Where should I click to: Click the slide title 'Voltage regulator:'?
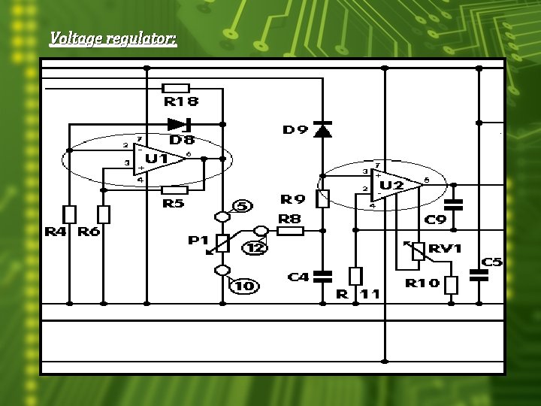point(113,38)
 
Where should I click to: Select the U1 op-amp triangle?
point(159,159)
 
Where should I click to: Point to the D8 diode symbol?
point(180,124)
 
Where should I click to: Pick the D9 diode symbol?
point(322,130)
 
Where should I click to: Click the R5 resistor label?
point(174,204)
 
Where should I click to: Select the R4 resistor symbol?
point(69,214)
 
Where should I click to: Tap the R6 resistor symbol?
point(104,214)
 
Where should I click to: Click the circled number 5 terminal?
point(243,206)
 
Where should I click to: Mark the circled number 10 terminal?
point(244,285)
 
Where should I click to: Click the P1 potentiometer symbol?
point(222,243)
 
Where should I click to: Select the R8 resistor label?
point(290,219)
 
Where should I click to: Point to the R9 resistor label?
point(293,199)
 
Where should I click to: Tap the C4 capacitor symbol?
point(322,275)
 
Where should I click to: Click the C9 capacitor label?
point(436,220)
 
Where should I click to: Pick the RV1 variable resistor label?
point(446,248)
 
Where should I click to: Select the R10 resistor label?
point(422,283)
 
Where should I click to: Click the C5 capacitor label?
point(492,262)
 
